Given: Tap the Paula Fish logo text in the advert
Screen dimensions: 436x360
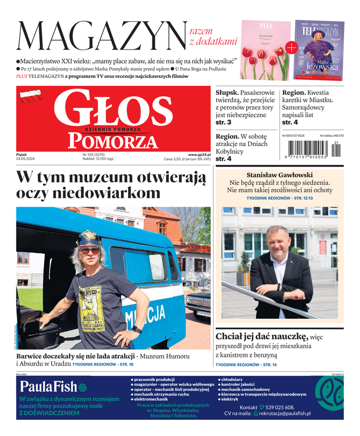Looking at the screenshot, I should point(48,387).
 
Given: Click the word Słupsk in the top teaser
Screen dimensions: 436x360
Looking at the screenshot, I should point(228,93).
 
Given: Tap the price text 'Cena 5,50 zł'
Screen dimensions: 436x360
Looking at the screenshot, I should point(176,160).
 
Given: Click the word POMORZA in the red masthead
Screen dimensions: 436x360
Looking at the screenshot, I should point(106,142).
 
